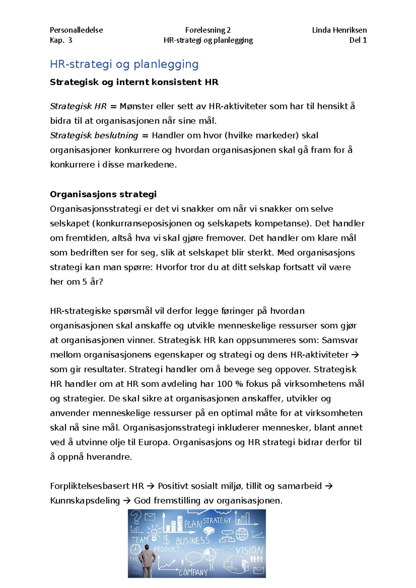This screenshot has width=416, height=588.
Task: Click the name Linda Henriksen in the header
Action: pyautogui.click(x=339, y=30)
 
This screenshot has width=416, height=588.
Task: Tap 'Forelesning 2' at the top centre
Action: pyautogui.click(x=208, y=30)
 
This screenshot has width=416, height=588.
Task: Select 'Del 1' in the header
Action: pyautogui.click(x=358, y=40)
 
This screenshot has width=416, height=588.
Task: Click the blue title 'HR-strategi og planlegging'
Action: pyautogui.click(x=124, y=64)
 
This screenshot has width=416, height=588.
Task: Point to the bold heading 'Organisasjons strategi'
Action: pyautogui.click(x=103, y=194)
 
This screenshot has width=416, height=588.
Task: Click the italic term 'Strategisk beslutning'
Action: pyautogui.click(x=94, y=135)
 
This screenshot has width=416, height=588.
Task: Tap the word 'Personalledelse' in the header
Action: pyautogui.click(x=76, y=30)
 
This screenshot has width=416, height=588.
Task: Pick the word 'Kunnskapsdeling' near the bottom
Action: pyautogui.click(x=85, y=501)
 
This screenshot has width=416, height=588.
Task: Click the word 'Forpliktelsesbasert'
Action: pyautogui.click(x=90, y=486)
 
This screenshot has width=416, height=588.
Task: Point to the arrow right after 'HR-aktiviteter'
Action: pyautogui.click(x=355, y=355)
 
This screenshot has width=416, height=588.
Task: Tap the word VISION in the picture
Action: pyautogui.click(x=250, y=550)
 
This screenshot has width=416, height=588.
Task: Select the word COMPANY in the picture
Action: pyautogui.click(x=193, y=572)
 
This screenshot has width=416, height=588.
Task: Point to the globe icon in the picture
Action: pyautogui.click(x=242, y=534)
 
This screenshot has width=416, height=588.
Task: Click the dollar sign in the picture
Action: pyautogui.click(x=167, y=540)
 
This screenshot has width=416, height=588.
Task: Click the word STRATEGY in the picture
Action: pyautogui.click(x=217, y=520)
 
